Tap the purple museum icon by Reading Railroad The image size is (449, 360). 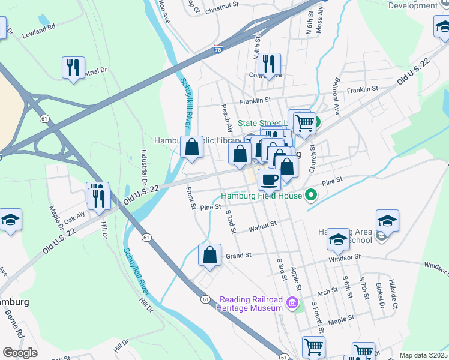tap(293, 301)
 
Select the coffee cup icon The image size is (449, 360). tap(269, 178)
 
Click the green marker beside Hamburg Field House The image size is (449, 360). tap(310, 195)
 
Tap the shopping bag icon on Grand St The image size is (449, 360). tap(210, 254)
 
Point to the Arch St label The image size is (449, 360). tap(327, 292)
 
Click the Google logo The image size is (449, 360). tap(20, 353)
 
